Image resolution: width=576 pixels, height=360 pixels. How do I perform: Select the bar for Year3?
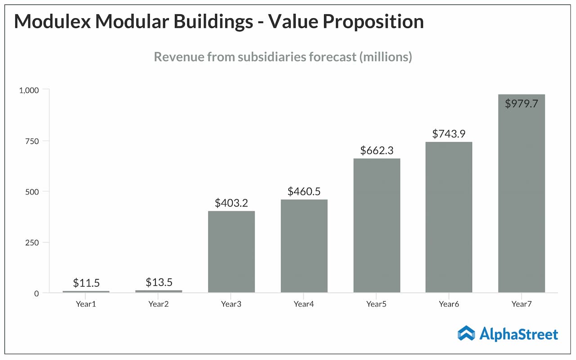click(x=231, y=252)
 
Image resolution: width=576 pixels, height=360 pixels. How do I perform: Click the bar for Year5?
click(x=377, y=225)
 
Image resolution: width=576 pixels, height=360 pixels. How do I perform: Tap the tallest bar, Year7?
click(x=522, y=193)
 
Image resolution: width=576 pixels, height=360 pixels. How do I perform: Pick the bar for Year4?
click(x=304, y=246)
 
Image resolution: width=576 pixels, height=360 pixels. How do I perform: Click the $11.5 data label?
click(x=86, y=283)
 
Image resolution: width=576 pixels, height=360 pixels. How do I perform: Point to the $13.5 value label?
click(x=159, y=282)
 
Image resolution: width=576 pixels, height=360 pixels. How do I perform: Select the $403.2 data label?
click(x=231, y=203)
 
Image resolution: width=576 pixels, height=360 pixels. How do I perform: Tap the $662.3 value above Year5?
click(x=377, y=150)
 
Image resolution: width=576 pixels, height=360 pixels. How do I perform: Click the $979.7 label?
click(x=522, y=103)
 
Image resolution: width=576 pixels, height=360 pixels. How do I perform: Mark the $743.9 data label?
click(x=449, y=134)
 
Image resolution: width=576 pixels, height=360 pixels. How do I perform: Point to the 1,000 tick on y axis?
click(x=29, y=90)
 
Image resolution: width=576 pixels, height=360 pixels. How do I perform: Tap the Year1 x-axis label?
click(x=86, y=304)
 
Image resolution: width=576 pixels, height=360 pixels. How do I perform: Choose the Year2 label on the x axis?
click(x=159, y=304)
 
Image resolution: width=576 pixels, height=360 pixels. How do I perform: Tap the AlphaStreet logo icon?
click(x=466, y=333)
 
